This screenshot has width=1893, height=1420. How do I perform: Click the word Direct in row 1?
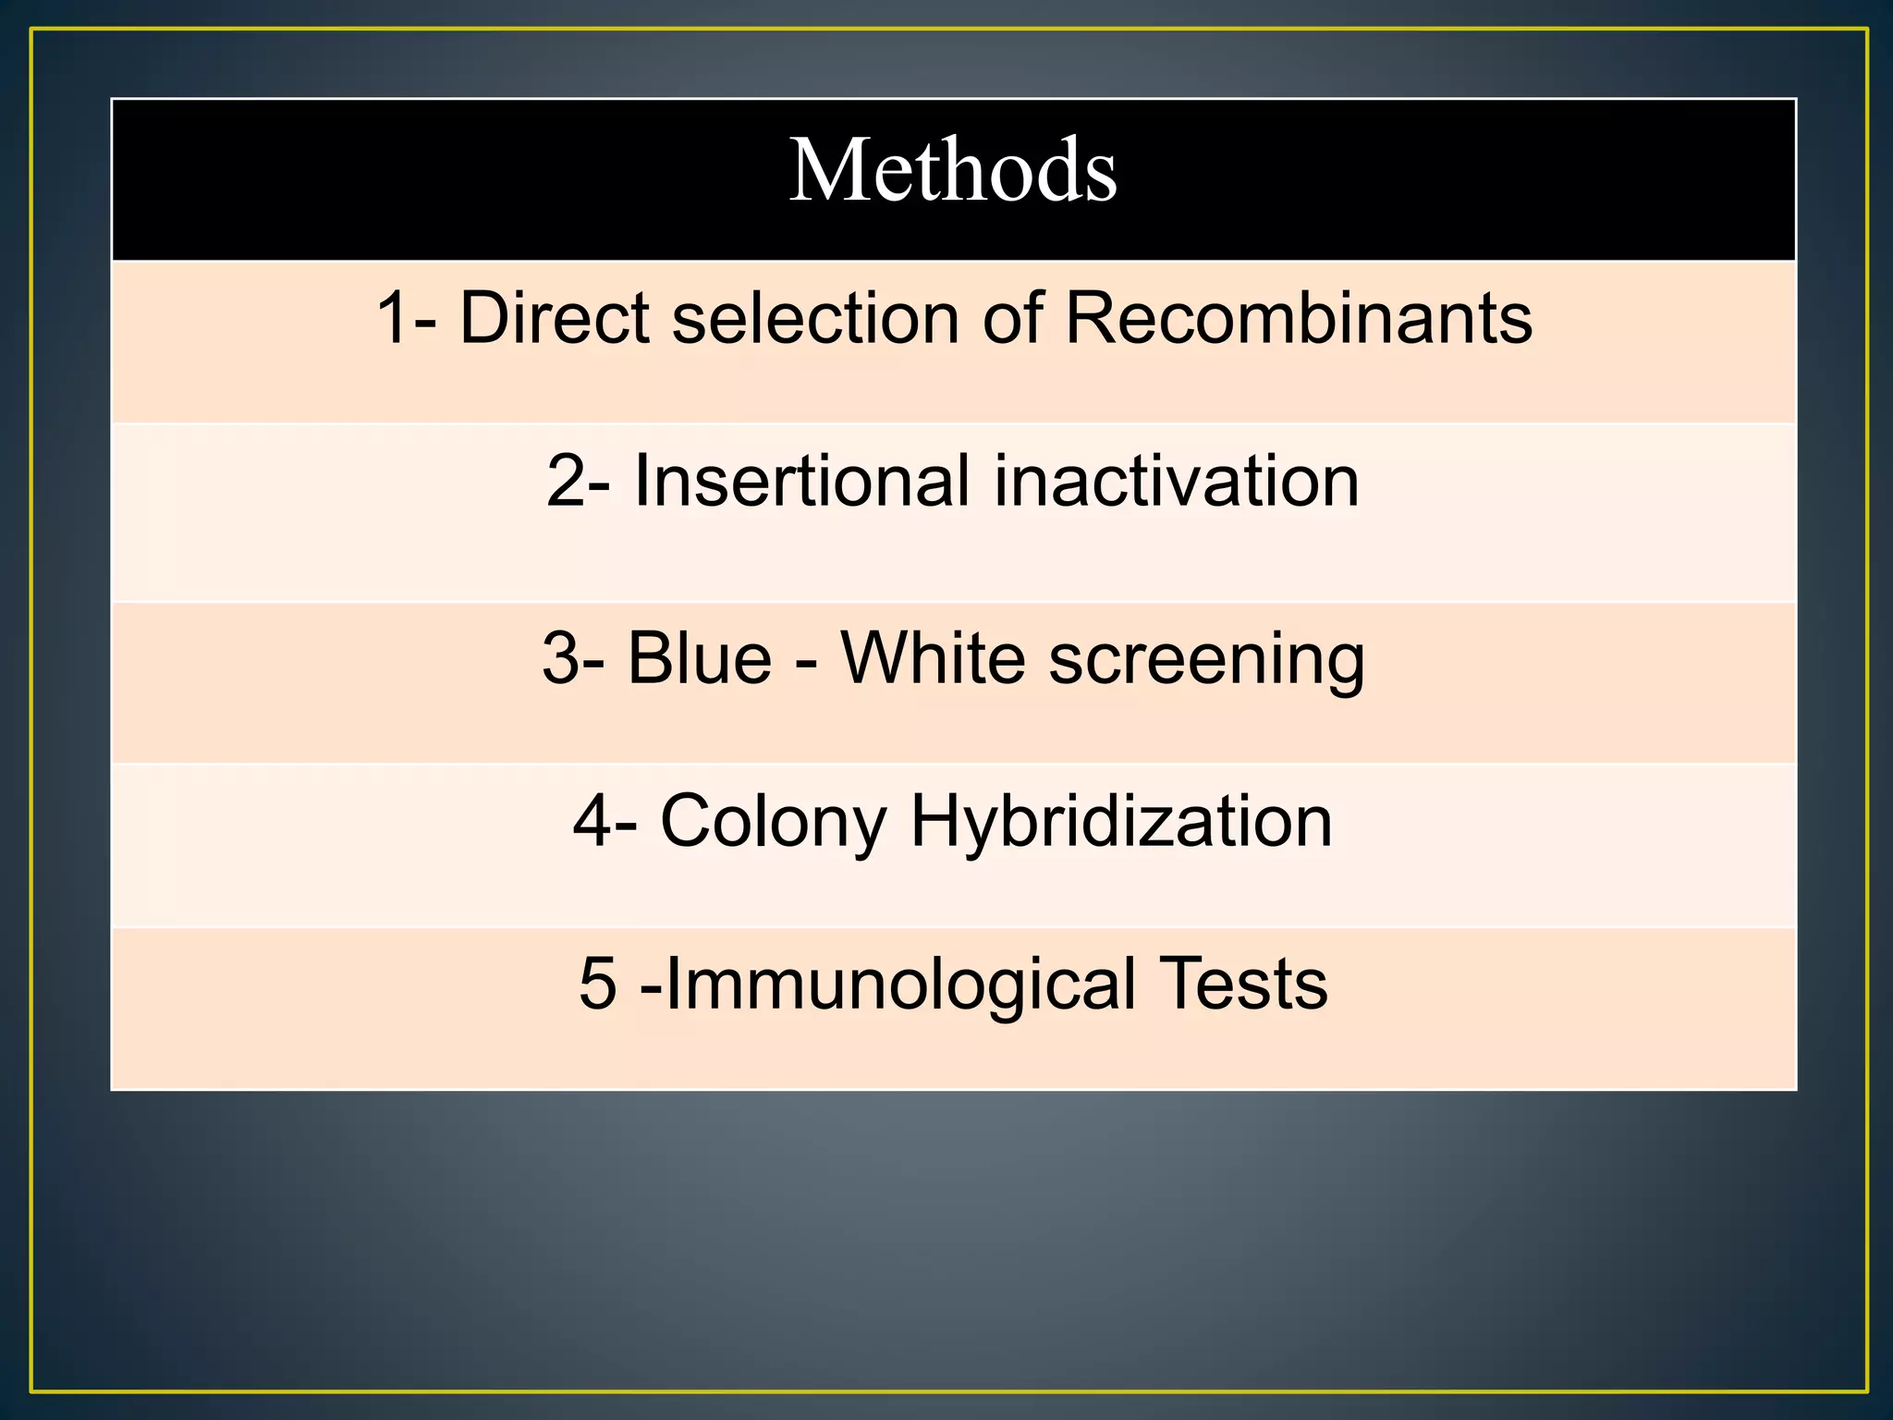tap(554, 318)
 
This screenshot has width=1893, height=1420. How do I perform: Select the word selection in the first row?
tap(815, 318)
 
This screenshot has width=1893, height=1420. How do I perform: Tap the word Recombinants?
tap(1299, 318)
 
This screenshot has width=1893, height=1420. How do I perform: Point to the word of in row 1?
tap(1012, 318)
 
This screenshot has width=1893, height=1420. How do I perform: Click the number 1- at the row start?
tap(406, 318)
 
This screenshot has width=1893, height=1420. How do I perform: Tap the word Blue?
tap(700, 658)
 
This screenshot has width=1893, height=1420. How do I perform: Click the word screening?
tap(1207, 660)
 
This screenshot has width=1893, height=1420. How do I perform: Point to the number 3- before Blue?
tap(573, 658)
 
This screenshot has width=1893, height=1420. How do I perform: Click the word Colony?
tap(774, 821)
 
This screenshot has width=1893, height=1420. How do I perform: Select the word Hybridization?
tap(1121, 821)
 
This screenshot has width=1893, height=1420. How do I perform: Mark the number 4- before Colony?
tap(605, 821)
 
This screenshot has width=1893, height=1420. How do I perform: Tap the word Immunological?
tap(900, 984)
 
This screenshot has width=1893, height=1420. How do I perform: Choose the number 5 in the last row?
tap(597, 984)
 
